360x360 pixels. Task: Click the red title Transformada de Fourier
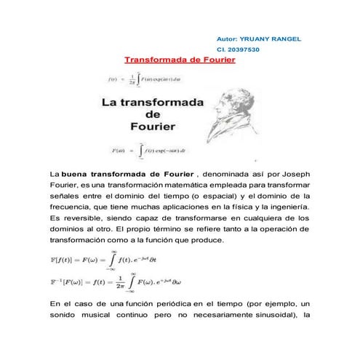click(x=180, y=61)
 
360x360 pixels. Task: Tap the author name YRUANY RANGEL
click(x=270, y=38)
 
